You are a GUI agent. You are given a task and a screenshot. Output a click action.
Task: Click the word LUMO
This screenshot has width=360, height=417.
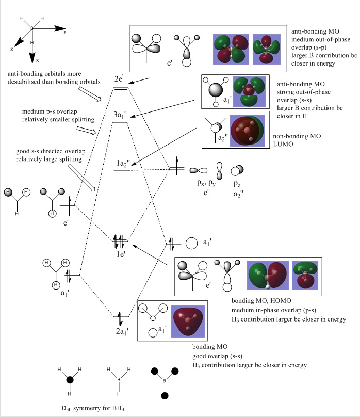pos(283,145)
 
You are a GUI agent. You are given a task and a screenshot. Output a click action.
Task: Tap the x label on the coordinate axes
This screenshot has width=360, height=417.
pos(37,60)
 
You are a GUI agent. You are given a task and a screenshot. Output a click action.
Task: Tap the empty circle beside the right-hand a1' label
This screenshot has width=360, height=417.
pos(191,243)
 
